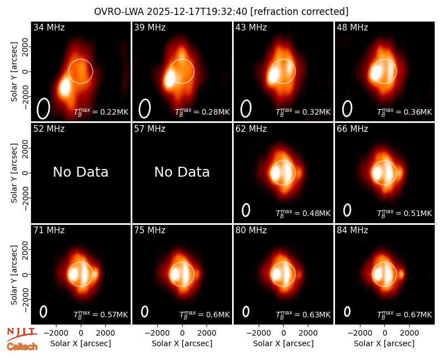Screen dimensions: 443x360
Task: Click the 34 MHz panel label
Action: point(49,27)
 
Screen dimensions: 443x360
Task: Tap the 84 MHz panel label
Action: point(352,230)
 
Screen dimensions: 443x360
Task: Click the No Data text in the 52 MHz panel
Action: point(80,172)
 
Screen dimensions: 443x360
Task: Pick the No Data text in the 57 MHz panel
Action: point(182,172)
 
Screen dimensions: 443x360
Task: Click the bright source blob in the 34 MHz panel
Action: point(65,87)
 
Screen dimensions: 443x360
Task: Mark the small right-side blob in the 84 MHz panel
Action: point(401,274)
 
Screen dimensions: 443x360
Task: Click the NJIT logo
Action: point(22,333)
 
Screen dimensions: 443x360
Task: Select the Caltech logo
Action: point(22,347)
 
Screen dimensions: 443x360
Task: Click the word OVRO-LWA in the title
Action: point(119,12)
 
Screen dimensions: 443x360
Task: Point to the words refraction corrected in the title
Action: point(300,12)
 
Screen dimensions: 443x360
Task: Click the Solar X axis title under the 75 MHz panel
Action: point(182,343)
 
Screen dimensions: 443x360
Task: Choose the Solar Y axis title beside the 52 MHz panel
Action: point(14,173)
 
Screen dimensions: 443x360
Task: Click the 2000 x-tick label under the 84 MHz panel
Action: point(409,333)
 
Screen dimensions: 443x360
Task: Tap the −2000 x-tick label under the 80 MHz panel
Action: point(257,333)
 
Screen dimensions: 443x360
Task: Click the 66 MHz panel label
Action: point(352,129)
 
